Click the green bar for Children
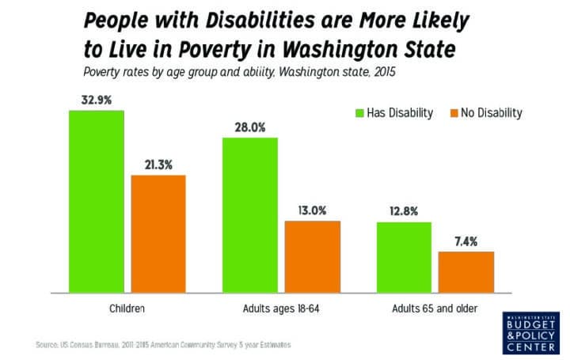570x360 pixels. tap(96, 202)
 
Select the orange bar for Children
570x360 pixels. tap(158, 233)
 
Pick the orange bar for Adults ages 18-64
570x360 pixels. tap(313, 256)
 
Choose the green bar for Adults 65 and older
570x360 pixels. tap(404, 257)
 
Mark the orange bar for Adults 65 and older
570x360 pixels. tap(466, 272)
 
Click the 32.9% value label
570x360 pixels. tap(96, 101)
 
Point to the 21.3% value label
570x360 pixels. tap(158, 165)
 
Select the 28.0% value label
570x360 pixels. tap(250, 127)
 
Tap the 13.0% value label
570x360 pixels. tap(313, 210)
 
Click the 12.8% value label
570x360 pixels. tap(404, 211)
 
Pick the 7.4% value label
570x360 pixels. tap(466, 241)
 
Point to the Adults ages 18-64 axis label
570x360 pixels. tap(281, 305)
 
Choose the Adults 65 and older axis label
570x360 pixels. tap(435, 305)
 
